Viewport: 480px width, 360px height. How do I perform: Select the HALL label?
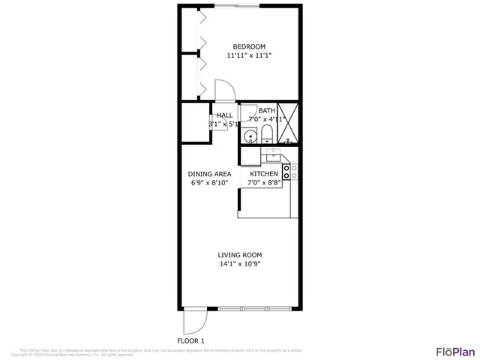click(x=224, y=115)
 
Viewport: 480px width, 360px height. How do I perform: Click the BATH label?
click(x=266, y=111)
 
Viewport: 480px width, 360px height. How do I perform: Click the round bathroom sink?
click(x=249, y=137)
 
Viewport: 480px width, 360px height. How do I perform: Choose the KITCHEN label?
click(x=264, y=173)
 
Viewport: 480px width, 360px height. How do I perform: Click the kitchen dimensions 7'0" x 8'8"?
click(x=264, y=182)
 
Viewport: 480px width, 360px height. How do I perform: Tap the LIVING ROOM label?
click(x=239, y=255)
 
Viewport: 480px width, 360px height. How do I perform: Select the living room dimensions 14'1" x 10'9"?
click(x=239, y=264)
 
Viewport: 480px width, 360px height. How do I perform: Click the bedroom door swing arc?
click(x=226, y=89)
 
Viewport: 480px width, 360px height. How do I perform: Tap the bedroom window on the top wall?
click(x=247, y=6)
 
